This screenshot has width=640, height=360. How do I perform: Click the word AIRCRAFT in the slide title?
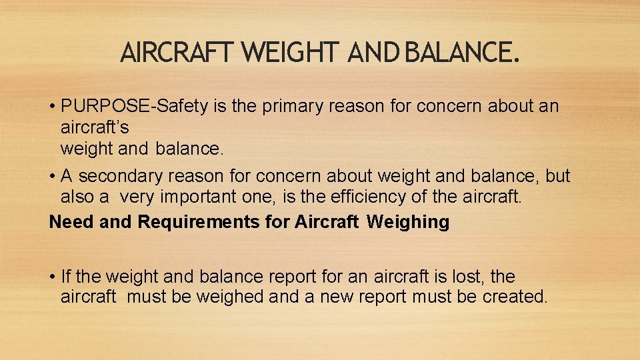(x=176, y=51)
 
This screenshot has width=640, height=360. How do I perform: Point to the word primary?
(x=295, y=106)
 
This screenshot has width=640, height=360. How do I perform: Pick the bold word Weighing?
(x=408, y=222)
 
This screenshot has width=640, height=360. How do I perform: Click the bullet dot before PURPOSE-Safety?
(x=53, y=107)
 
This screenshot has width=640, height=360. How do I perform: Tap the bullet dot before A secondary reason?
(x=53, y=177)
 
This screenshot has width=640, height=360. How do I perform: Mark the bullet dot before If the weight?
(x=53, y=277)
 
